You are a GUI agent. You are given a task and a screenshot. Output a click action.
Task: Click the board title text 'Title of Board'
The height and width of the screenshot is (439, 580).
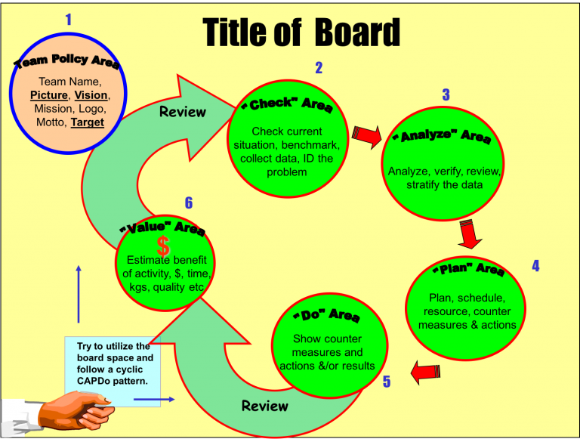coord(301,32)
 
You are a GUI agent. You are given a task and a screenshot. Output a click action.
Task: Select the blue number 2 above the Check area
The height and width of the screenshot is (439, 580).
coord(319,68)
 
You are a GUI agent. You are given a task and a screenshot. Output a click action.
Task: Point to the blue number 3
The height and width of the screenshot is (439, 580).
coord(446,95)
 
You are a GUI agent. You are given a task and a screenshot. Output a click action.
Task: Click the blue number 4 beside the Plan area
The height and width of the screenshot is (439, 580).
coord(535,266)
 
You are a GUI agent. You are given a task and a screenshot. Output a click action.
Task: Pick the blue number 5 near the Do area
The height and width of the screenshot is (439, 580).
coord(387,382)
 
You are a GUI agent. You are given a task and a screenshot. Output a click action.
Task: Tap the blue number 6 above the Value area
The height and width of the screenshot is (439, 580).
coord(189,202)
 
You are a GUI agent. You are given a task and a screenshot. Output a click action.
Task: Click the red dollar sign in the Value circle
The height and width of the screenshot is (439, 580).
coord(163,245)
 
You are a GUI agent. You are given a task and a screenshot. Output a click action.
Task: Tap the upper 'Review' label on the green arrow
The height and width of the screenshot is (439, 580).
coord(182,112)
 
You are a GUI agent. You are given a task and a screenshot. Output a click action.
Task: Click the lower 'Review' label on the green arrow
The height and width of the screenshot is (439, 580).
coord(264,406)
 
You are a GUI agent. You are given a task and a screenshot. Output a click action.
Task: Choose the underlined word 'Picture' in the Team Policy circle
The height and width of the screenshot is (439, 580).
coord(48,95)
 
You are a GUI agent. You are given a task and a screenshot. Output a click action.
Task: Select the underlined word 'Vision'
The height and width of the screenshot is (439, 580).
coord(91,95)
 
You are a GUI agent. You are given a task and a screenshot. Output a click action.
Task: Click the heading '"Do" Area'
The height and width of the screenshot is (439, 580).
coord(330,314)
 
